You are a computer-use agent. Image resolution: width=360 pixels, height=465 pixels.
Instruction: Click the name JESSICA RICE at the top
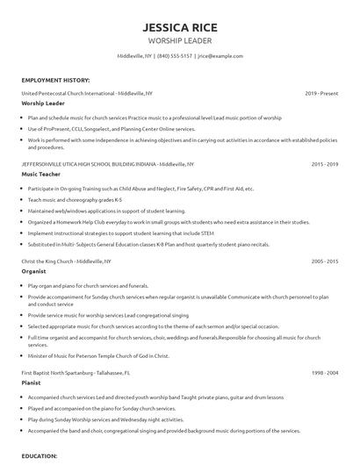tap(179, 27)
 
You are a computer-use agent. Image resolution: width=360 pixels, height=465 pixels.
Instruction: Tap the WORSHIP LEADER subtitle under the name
tap(179, 41)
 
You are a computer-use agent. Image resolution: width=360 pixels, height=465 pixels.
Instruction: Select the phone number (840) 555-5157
tap(175, 55)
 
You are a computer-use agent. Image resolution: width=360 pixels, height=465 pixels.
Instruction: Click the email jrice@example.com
tap(220, 55)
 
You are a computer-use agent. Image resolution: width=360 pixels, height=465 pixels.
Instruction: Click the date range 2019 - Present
tap(322, 92)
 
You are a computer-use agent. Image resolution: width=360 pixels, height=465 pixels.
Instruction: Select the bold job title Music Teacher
tap(40, 175)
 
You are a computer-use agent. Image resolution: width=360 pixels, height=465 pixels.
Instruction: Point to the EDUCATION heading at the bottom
tap(40, 456)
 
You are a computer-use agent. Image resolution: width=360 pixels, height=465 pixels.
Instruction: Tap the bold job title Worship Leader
tap(42, 103)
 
